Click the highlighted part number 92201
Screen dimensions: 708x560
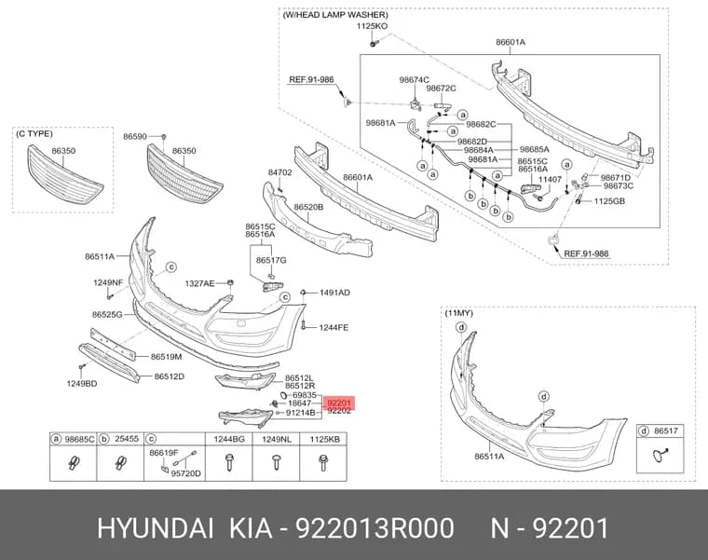click(339, 403)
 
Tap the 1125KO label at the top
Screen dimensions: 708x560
click(372, 26)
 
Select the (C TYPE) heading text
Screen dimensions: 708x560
click(34, 134)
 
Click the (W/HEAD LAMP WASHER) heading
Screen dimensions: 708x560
click(335, 15)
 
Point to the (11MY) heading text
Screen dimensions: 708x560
click(458, 313)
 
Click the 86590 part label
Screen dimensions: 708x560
click(135, 136)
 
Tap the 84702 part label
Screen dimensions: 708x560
click(280, 172)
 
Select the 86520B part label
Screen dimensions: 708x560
click(308, 207)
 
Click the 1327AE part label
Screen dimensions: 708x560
click(199, 283)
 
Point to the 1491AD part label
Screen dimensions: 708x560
click(334, 293)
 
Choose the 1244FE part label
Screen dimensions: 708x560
click(334, 327)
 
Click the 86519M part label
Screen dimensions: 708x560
click(166, 357)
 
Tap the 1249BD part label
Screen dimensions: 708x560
click(82, 384)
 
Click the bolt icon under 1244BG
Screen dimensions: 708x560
click(229, 462)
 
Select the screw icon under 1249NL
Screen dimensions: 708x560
click(276, 462)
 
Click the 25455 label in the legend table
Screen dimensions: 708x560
click(127, 439)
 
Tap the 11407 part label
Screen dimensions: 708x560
click(550, 179)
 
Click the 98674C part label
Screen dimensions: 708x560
click(414, 80)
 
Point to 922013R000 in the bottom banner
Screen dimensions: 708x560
click(374, 528)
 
